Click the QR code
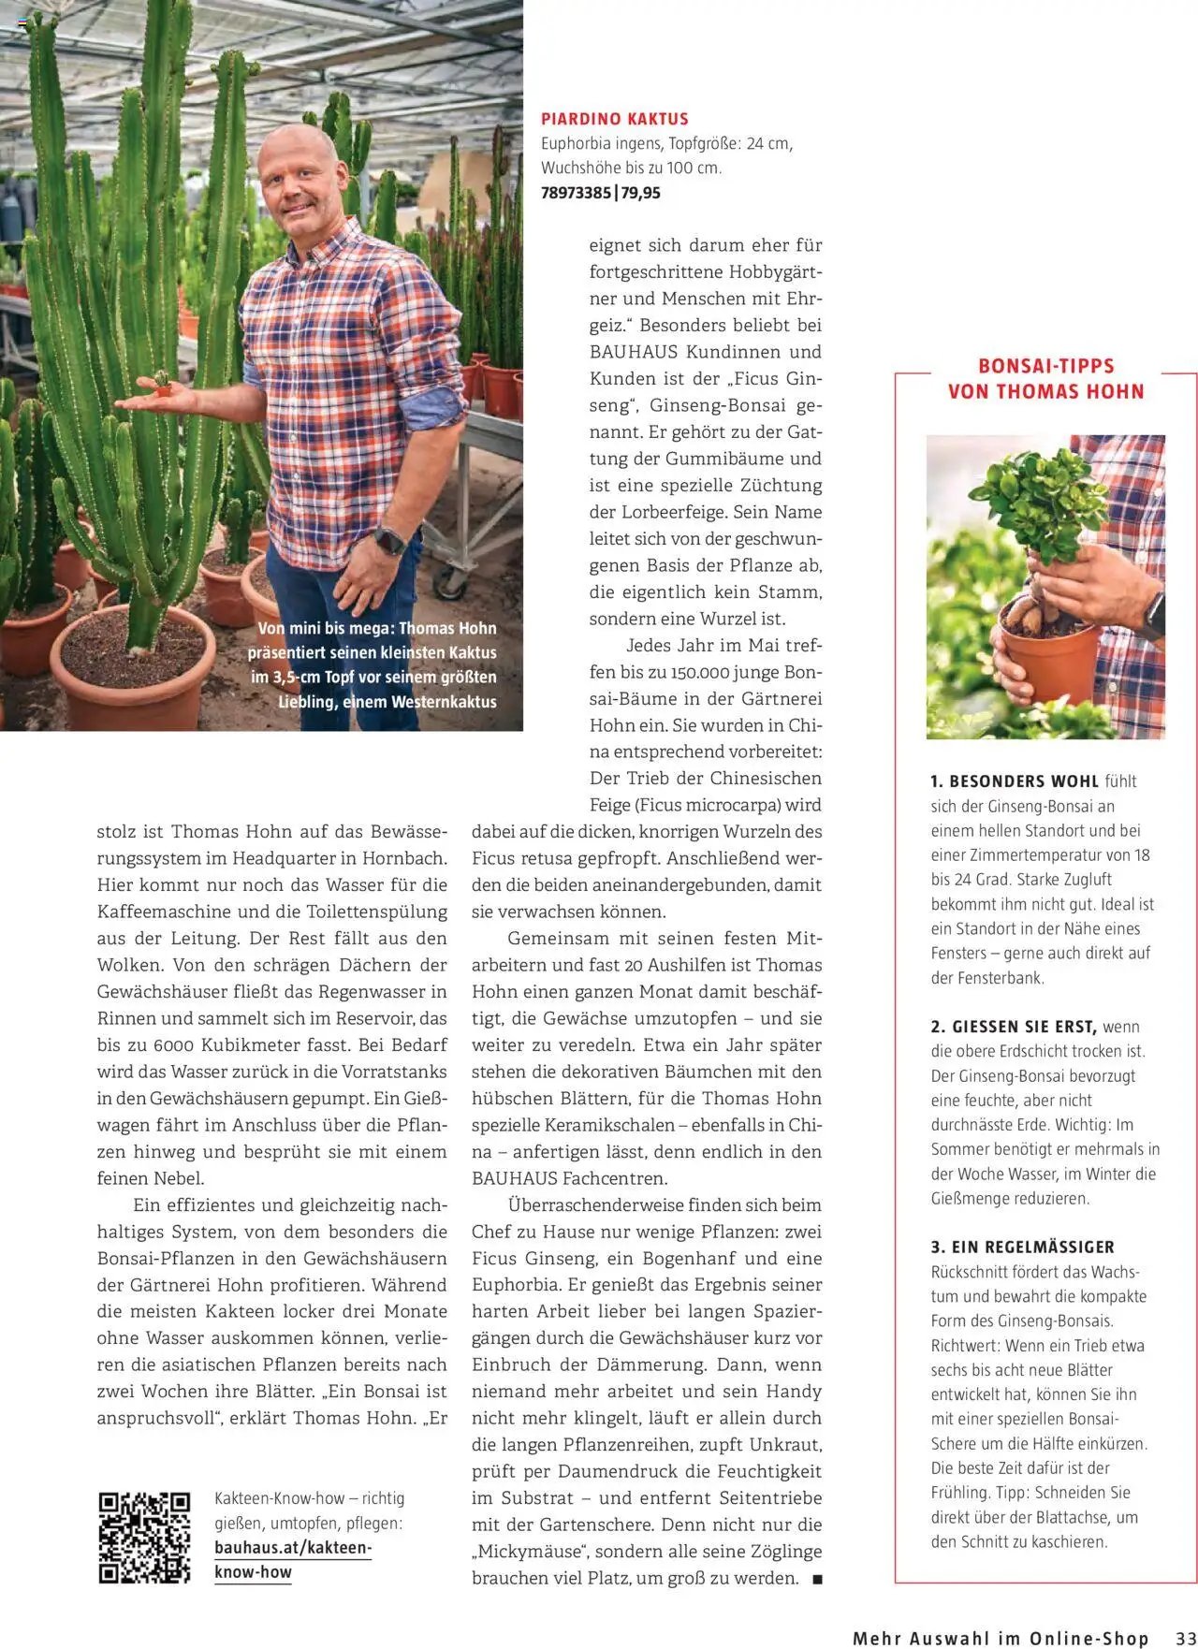(x=144, y=1538)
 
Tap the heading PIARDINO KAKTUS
(x=615, y=119)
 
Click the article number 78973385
(x=576, y=193)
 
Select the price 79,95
(x=640, y=193)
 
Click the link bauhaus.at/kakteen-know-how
(x=292, y=1560)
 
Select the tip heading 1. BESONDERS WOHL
(x=1014, y=781)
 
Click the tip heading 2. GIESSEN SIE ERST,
(x=1013, y=1027)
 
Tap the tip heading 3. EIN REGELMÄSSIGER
(x=1022, y=1248)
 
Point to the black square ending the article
(x=817, y=1579)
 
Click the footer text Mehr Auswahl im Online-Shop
(x=1000, y=1638)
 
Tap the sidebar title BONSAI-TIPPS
(x=1045, y=366)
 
